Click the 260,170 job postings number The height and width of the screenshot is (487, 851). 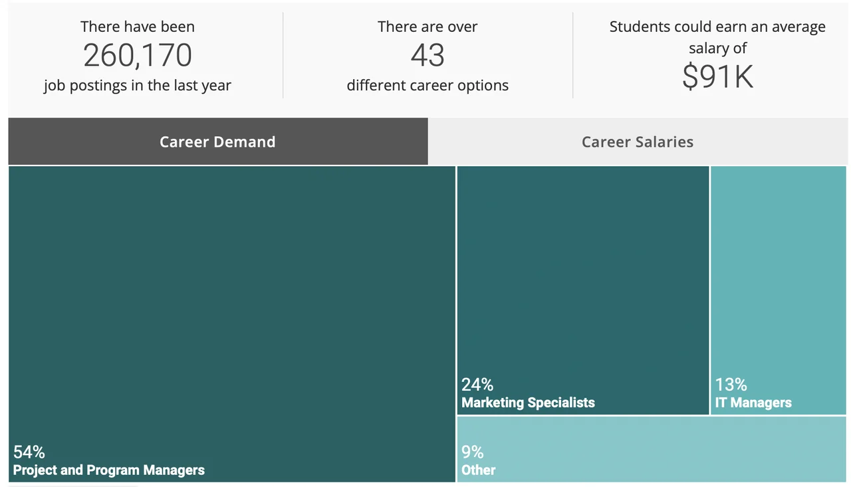click(138, 56)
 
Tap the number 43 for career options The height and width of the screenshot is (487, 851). click(427, 56)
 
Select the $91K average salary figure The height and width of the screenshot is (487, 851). click(717, 76)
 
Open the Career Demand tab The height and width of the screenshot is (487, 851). click(217, 142)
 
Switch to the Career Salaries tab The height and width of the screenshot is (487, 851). click(638, 142)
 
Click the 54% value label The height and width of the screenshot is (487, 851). click(29, 452)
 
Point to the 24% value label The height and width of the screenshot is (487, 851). click(477, 385)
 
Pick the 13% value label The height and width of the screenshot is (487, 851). click(731, 385)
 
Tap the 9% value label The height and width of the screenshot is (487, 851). click(473, 452)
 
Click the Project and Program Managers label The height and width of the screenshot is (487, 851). click(109, 470)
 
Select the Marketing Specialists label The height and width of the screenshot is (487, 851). click(528, 403)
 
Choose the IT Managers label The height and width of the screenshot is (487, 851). click(753, 403)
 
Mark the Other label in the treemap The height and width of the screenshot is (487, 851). click(479, 470)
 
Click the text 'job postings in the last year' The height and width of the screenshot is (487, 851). click(138, 86)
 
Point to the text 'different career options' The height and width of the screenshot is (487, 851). click(427, 86)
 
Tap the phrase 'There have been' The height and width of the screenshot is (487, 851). click(138, 27)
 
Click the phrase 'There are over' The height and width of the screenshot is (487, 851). click(427, 27)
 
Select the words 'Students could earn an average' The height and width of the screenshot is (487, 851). click(717, 27)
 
